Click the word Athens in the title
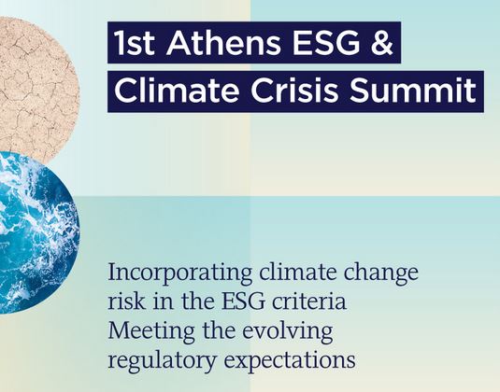click(x=223, y=42)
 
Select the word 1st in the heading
click(x=135, y=42)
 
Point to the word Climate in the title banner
click(x=177, y=91)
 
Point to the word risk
click(x=126, y=301)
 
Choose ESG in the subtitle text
click(x=244, y=301)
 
